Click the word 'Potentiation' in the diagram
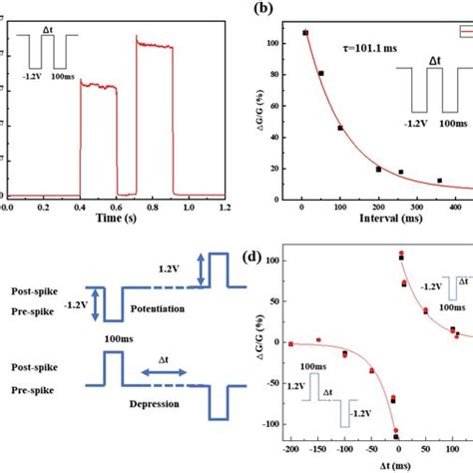[x=155, y=310]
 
